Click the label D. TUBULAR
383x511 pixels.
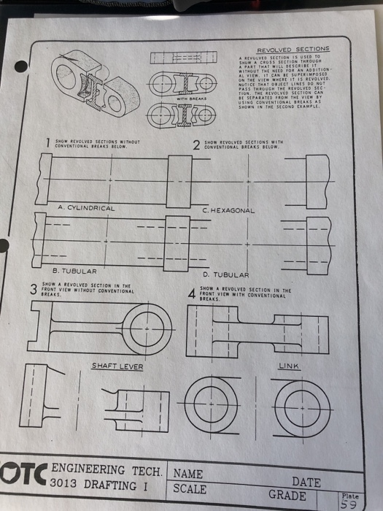pyautogui.click(x=227, y=274)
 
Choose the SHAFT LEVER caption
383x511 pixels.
pyautogui.click(x=117, y=366)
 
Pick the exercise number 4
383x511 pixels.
pyautogui.click(x=191, y=293)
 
